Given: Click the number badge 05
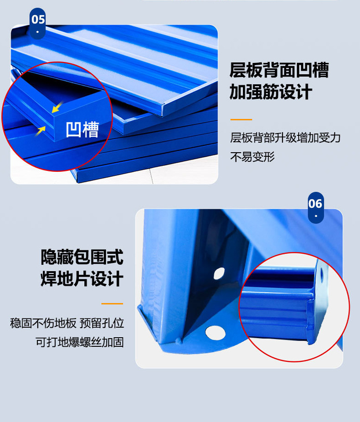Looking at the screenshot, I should point(38,20).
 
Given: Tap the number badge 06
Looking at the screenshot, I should point(315,204).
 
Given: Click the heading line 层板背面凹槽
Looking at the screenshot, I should point(279,71).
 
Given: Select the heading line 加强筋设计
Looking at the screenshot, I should point(271,93).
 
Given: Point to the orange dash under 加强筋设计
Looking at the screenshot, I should point(241,119).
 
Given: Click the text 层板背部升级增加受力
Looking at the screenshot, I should point(285,138).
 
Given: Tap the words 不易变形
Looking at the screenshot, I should point(252,157).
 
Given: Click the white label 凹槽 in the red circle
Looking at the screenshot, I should point(82,129).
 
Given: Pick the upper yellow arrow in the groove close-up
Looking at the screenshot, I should point(57,108).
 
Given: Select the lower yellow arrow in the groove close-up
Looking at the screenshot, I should point(41,130).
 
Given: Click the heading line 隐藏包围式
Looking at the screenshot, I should point(82,257).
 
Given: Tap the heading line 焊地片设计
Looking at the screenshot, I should point(82,279).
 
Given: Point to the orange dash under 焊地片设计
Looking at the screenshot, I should point(112,304).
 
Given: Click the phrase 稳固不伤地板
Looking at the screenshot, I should point(43,324).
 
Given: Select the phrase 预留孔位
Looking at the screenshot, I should point(102,324).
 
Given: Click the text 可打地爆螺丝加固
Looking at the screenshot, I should point(80,342).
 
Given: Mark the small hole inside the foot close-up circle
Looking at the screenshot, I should point(323,274).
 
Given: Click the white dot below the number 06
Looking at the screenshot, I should point(315,216).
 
